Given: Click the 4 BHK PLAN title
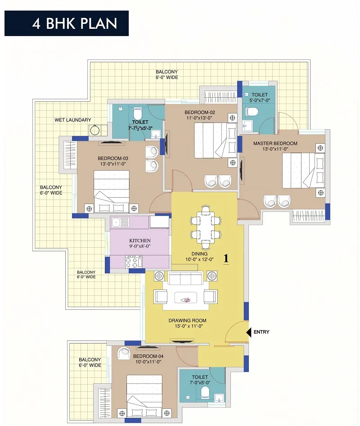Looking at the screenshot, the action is [75, 23].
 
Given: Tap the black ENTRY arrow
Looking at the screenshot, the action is [248, 332].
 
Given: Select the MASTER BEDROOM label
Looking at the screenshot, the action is [275, 143].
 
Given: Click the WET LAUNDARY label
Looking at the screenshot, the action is [73, 120].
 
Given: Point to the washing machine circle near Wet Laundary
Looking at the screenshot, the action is [94, 130].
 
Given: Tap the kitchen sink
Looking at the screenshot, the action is [120, 222].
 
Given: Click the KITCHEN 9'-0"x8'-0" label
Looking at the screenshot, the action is [140, 243].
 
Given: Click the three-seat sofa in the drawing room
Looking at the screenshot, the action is [185, 278].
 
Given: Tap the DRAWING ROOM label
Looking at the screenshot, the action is [187, 320].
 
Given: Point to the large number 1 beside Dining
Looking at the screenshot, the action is [226, 258].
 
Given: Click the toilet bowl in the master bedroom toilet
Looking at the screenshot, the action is [252, 111].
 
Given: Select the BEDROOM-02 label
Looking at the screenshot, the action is [199, 112].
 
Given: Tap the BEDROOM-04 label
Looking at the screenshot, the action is [148, 356].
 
